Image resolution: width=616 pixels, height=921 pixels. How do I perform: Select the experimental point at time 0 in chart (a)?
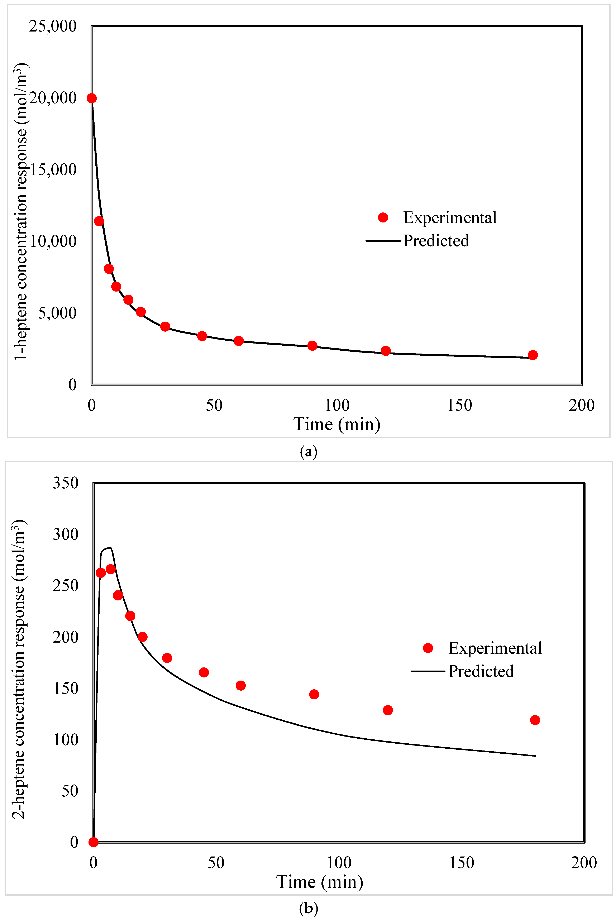click(x=92, y=98)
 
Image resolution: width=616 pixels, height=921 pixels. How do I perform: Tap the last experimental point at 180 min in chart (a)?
click(x=533, y=355)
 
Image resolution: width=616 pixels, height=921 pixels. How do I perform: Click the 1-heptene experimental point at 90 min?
click(x=312, y=346)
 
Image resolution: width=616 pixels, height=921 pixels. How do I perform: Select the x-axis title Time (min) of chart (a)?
click(x=337, y=424)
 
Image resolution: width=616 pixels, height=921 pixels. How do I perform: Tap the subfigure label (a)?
click(x=308, y=452)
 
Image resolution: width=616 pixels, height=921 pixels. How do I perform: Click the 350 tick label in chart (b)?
click(x=66, y=483)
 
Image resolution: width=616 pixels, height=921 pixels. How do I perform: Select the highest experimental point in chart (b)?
click(x=111, y=569)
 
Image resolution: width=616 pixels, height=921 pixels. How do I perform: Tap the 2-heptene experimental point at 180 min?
click(x=535, y=720)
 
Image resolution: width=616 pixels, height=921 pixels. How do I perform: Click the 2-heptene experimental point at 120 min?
click(x=388, y=710)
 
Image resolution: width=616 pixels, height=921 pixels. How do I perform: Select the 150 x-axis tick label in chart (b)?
click(x=462, y=863)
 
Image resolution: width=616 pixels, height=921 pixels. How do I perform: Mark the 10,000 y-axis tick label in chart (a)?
click(x=53, y=241)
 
